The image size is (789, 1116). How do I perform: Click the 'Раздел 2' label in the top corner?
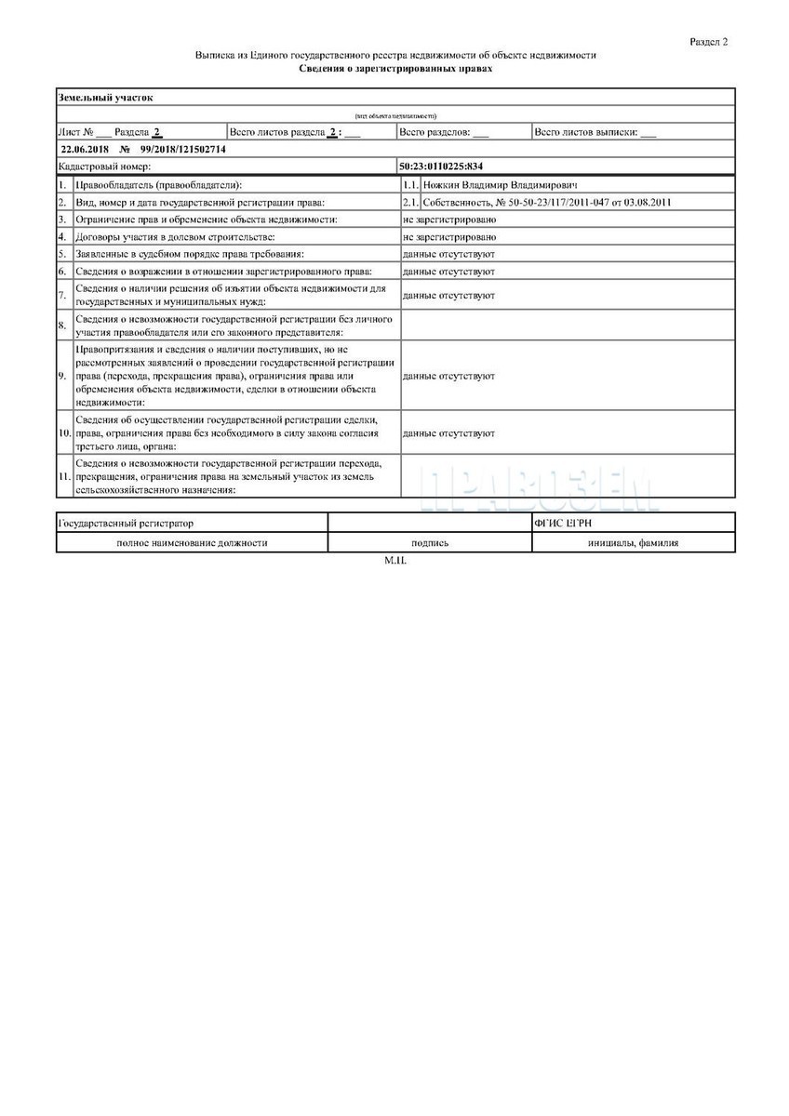[708, 42]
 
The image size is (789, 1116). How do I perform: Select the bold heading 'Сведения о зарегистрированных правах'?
[395, 69]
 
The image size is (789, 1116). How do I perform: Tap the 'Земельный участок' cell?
[105, 97]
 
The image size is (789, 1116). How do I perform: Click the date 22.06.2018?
[84, 149]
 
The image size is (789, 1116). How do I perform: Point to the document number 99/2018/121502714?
[183, 149]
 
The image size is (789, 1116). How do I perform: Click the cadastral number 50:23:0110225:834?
[442, 166]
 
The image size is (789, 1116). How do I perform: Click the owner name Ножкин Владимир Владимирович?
[501, 185]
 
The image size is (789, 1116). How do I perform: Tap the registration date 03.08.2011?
[649, 202]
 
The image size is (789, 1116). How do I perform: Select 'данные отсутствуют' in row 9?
[448, 376]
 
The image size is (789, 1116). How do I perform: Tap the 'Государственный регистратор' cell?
[127, 524]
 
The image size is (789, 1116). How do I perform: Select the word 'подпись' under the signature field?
[430, 543]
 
